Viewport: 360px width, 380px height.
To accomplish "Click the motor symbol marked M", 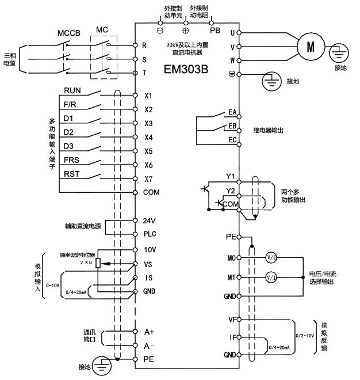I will [311, 46].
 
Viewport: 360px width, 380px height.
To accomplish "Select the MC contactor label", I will [102, 30].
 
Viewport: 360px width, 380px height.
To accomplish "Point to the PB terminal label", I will [215, 29].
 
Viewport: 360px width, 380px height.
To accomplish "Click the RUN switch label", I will [72, 90].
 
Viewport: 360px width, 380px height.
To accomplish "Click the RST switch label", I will [71, 174].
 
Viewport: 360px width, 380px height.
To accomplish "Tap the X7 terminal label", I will [148, 179].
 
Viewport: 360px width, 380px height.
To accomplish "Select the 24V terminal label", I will [148, 221].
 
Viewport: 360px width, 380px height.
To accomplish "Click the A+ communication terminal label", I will [148, 332].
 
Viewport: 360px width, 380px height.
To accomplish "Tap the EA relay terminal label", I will [233, 111].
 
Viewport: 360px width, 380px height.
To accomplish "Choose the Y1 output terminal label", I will [231, 176].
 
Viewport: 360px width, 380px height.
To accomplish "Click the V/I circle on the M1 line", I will [271, 277].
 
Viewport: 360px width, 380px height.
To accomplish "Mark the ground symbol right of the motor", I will [340, 54].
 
